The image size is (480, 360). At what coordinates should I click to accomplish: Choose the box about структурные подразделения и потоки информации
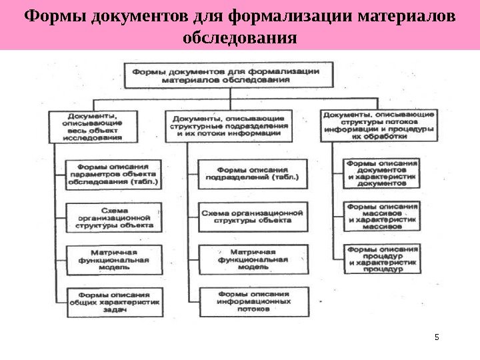(x=229, y=125)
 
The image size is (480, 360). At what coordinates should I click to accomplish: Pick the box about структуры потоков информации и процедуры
(x=379, y=125)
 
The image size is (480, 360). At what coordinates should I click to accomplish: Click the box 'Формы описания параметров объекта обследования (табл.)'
(x=113, y=173)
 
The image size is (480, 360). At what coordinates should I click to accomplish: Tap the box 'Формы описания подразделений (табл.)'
(x=253, y=173)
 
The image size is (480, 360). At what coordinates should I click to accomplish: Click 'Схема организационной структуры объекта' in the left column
(x=113, y=217)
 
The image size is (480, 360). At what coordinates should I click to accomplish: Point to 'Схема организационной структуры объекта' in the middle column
(x=253, y=215)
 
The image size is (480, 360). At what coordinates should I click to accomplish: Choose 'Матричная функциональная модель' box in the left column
(x=113, y=259)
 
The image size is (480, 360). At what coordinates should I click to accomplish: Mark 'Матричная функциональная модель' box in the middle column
(x=253, y=259)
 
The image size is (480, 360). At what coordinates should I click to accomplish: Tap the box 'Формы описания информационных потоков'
(x=253, y=301)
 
